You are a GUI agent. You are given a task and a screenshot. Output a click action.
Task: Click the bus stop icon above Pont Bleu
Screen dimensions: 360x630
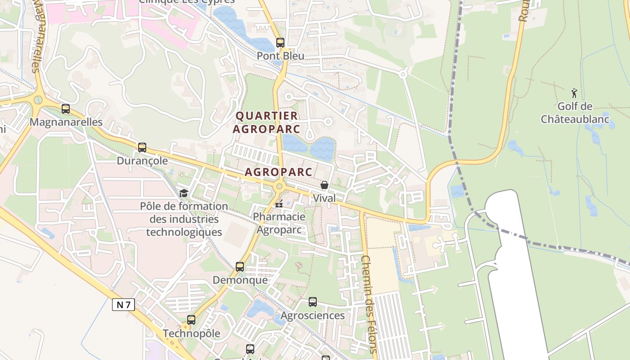coord(280,43)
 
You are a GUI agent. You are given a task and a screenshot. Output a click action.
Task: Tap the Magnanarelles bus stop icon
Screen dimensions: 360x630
coord(66,109)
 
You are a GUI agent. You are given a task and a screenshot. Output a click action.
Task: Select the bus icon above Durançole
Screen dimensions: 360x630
coord(142,148)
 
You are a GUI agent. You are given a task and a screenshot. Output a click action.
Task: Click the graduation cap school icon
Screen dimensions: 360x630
coord(184,193)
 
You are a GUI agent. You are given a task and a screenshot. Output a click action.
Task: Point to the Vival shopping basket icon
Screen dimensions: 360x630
coord(324,185)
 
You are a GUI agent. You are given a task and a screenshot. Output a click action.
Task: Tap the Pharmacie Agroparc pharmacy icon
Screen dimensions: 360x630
coord(279,204)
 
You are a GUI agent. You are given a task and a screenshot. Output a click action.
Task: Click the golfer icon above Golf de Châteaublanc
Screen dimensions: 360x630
coord(574,94)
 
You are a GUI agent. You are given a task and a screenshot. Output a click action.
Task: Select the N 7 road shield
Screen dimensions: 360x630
coord(123,305)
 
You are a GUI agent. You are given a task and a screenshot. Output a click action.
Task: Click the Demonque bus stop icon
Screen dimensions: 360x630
coord(240,267)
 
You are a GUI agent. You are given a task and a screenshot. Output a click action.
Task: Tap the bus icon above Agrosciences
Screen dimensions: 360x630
coord(313,302)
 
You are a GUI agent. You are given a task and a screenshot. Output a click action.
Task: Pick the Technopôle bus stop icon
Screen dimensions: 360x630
coord(191,320)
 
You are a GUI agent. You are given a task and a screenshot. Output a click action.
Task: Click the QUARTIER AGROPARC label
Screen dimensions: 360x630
coord(267,122)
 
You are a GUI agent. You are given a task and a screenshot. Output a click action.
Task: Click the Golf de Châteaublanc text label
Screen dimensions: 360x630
coord(575,113)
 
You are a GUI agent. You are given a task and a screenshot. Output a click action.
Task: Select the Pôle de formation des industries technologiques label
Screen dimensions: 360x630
coord(184,219)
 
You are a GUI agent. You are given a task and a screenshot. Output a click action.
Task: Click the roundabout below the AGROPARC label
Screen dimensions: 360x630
coord(279,185)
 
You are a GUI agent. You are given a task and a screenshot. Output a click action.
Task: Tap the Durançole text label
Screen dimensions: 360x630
coord(142,161)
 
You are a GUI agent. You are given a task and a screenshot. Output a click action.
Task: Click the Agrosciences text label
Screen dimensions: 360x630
coord(313,315)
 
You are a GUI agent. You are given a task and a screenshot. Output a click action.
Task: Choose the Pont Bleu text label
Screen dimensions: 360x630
coord(280,56)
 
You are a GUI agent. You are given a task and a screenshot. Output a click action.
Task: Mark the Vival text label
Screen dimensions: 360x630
coord(324,198)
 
